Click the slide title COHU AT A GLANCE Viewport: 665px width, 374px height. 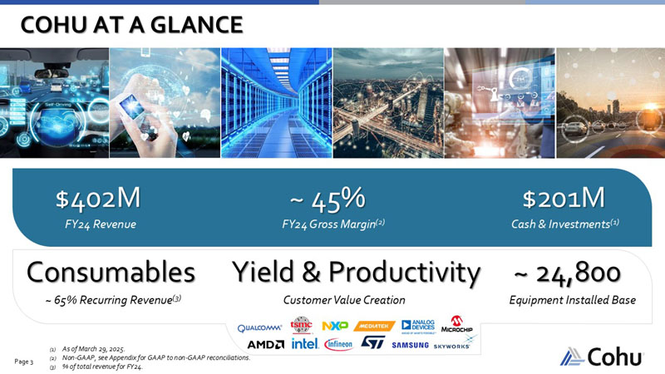[x=133, y=25]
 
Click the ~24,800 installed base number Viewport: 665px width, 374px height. [x=567, y=272]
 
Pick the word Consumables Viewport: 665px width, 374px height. [x=111, y=272]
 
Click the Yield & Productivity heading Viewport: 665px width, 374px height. [x=356, y=272]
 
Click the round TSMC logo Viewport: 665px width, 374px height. [x=300, y=325]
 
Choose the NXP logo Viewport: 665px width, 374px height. [x=333, y=325]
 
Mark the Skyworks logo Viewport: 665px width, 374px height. [x=452, y=345]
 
